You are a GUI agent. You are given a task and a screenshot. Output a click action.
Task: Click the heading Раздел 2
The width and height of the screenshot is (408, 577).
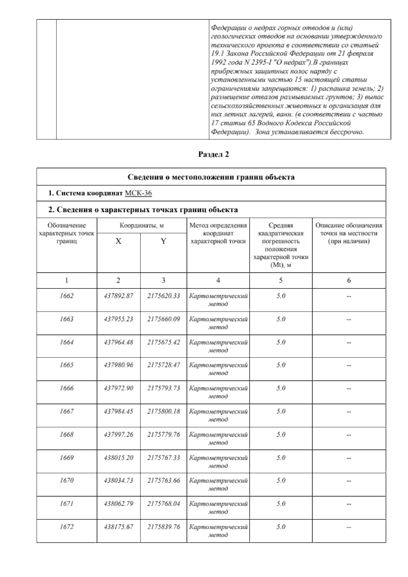click(x=214, y=154)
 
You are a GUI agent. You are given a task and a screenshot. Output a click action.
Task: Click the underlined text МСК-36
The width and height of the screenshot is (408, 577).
click(x=138, y=193)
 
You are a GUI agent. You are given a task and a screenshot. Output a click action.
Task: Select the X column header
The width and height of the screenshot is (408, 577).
click(x=118, y=241)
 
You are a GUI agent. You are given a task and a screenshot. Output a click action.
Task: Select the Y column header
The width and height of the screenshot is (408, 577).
click(x=164, y=241)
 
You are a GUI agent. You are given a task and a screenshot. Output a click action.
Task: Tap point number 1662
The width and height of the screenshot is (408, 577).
click(x=67, y=296)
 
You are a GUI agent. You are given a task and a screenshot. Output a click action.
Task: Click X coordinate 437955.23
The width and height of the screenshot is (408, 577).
click(x=118, y=319)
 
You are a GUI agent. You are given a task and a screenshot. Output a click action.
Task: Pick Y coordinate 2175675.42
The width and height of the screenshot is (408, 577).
click(x=164, y=342)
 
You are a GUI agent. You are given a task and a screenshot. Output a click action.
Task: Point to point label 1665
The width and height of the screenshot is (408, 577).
click(x=67, y=365)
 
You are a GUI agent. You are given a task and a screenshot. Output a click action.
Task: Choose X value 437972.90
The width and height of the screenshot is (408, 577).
click(x=118, y=388)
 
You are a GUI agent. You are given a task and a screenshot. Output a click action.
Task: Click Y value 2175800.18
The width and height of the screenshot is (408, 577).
click(x=164, y=411)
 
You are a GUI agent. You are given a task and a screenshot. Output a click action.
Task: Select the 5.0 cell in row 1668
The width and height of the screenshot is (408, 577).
click(x=281, y=434)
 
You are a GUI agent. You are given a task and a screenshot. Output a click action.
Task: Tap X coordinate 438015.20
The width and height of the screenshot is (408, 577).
click(x=118, y=457)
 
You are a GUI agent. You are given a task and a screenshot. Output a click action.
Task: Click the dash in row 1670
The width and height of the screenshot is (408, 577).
click(x=348, y=481)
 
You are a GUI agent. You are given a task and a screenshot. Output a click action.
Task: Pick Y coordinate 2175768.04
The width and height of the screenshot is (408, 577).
click(x=164, y=504)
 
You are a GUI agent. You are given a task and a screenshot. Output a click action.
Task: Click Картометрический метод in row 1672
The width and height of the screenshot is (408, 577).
click(x=218, y=531)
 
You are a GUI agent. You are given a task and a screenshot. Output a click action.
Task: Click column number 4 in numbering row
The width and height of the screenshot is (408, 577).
click(x=218, y=280)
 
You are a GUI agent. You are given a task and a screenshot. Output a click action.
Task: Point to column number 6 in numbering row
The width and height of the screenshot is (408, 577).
click(x=349, y=280)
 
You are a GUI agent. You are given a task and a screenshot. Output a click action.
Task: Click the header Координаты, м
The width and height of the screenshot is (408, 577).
click(x=141, y=226)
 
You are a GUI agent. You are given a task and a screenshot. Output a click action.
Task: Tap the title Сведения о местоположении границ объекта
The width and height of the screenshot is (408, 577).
click(x=211, y=177)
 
